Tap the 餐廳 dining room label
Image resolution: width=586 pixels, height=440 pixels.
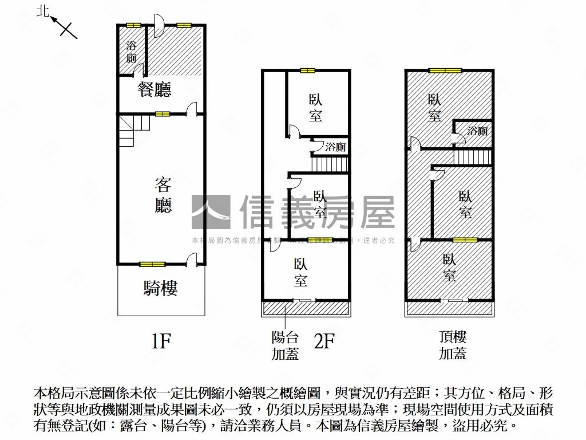(155, 89)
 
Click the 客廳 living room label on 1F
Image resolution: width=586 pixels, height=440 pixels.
(163, 195)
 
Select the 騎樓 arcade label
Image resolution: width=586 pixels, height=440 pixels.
(160, 288)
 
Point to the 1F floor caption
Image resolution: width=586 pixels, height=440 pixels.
(161, 341)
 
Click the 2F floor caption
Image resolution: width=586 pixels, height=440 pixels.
(324, 341)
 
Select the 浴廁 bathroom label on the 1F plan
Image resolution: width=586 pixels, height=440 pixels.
(132, 52)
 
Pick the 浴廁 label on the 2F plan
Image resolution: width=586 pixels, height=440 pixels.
(335, 147)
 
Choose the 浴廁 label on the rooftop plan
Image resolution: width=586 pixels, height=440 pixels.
(477, 131)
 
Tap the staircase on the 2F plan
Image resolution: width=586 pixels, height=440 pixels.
(330, 163)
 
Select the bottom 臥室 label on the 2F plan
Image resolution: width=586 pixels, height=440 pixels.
(300, 273)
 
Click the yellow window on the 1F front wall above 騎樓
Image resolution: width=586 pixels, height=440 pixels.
(152, 264)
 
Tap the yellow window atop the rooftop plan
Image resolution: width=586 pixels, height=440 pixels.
(445, 70)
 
